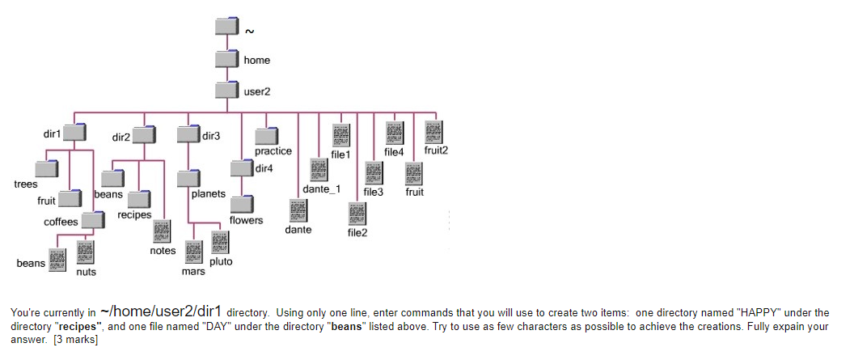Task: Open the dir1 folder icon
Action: (75, 133)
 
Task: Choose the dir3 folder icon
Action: (188, 134)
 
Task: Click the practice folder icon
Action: (266, 137)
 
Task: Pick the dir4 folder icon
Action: (241, 168)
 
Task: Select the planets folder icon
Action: (189, 178)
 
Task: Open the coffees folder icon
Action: (93, 219)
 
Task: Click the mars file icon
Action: (194, 253)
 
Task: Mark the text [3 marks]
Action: (74, 340)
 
